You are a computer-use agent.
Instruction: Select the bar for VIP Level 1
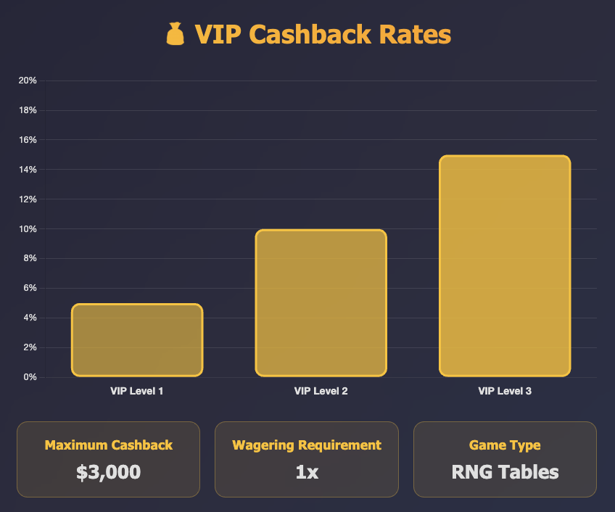click(136, 340)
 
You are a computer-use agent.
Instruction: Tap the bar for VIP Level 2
click(321, 303)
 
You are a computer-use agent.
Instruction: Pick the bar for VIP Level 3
click(505, 266)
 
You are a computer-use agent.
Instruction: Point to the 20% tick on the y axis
click(28, 80)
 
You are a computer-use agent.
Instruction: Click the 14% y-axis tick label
click(28, 170)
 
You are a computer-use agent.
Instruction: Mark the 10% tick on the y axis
click(28, 229)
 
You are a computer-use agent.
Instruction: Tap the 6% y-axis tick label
click(30, 288)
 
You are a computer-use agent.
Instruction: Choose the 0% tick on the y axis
click(30, 377)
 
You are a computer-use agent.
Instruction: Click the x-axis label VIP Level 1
click(136, 392)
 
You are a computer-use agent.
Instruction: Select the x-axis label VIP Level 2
click(321, 392)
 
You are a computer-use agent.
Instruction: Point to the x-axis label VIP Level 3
click(505, 392)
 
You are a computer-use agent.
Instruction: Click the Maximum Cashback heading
click(109, 445)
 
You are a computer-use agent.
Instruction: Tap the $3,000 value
click(109, 473)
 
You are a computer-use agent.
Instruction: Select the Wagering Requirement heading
click(307, 445)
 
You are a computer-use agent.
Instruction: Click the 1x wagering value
click(307, 473)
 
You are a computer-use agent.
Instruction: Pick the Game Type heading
click(505, 445)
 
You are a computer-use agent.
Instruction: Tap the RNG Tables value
click(505, 473)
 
